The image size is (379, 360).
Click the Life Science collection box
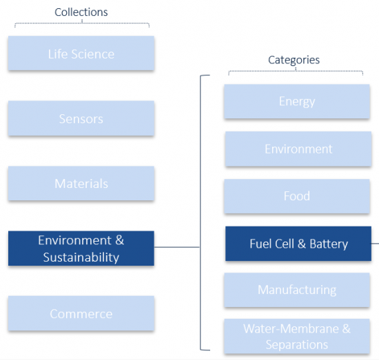[x=81, y=53]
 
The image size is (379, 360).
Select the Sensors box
[x=81, y=118]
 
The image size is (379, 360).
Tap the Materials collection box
[x=81, y=183]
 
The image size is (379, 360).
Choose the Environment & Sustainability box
[x=81, y=248]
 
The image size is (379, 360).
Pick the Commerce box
[x=81, y=313]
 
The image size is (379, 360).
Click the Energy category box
[x=297, y=101]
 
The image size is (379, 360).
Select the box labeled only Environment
[x=298, y=149]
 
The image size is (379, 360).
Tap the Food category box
[x=297, y=196]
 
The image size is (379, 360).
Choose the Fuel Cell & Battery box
[x=298, y=244]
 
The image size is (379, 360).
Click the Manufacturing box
[x=297, y=290]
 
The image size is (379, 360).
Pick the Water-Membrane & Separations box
[x=297, y=337]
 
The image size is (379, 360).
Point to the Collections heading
[x=81, y=12]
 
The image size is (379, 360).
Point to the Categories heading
[x=294, y=60]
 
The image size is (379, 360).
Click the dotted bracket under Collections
[x=82, y=23]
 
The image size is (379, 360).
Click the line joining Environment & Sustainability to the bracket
[x=177, y=247]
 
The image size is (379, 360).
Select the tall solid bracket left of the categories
[x=201, y=213]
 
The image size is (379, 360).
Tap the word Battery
[x=329, y=244]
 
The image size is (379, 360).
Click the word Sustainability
[x=81, y=257]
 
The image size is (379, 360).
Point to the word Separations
[x=297, y=345]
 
